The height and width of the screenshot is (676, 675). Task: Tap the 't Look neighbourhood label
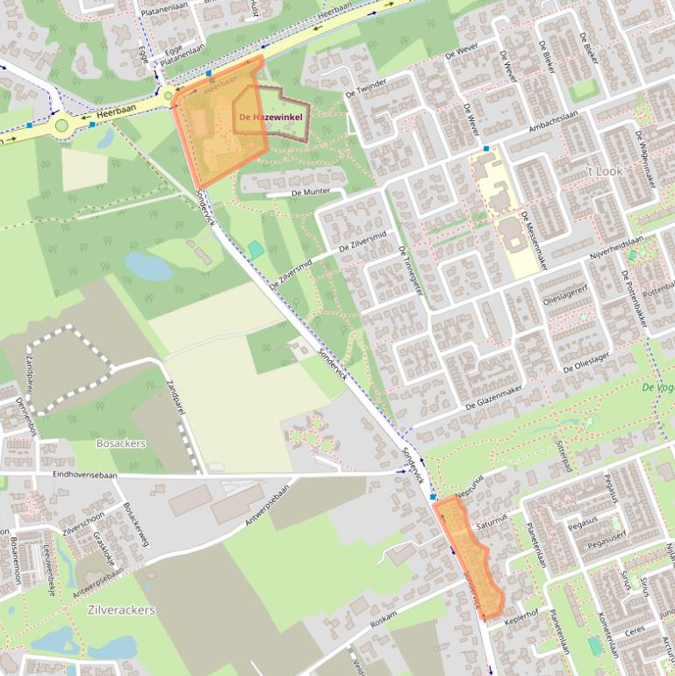pyautogui.click(x=604, y=171)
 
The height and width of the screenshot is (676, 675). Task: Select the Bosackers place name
pyautogui.click(x=121, y=443)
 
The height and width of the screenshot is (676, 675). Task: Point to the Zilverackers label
pyautogui.click(x=121, y=609)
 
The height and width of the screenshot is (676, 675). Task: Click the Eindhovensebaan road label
pyautogui.click(x=85, y=475)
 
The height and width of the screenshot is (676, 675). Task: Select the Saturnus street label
pyautogui.click(x=492, y=523)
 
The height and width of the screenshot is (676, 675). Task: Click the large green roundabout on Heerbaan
pyautogui.click(x=61, y=125)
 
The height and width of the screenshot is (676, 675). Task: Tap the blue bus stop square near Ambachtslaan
pyautogui.click(x=485, y=148)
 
